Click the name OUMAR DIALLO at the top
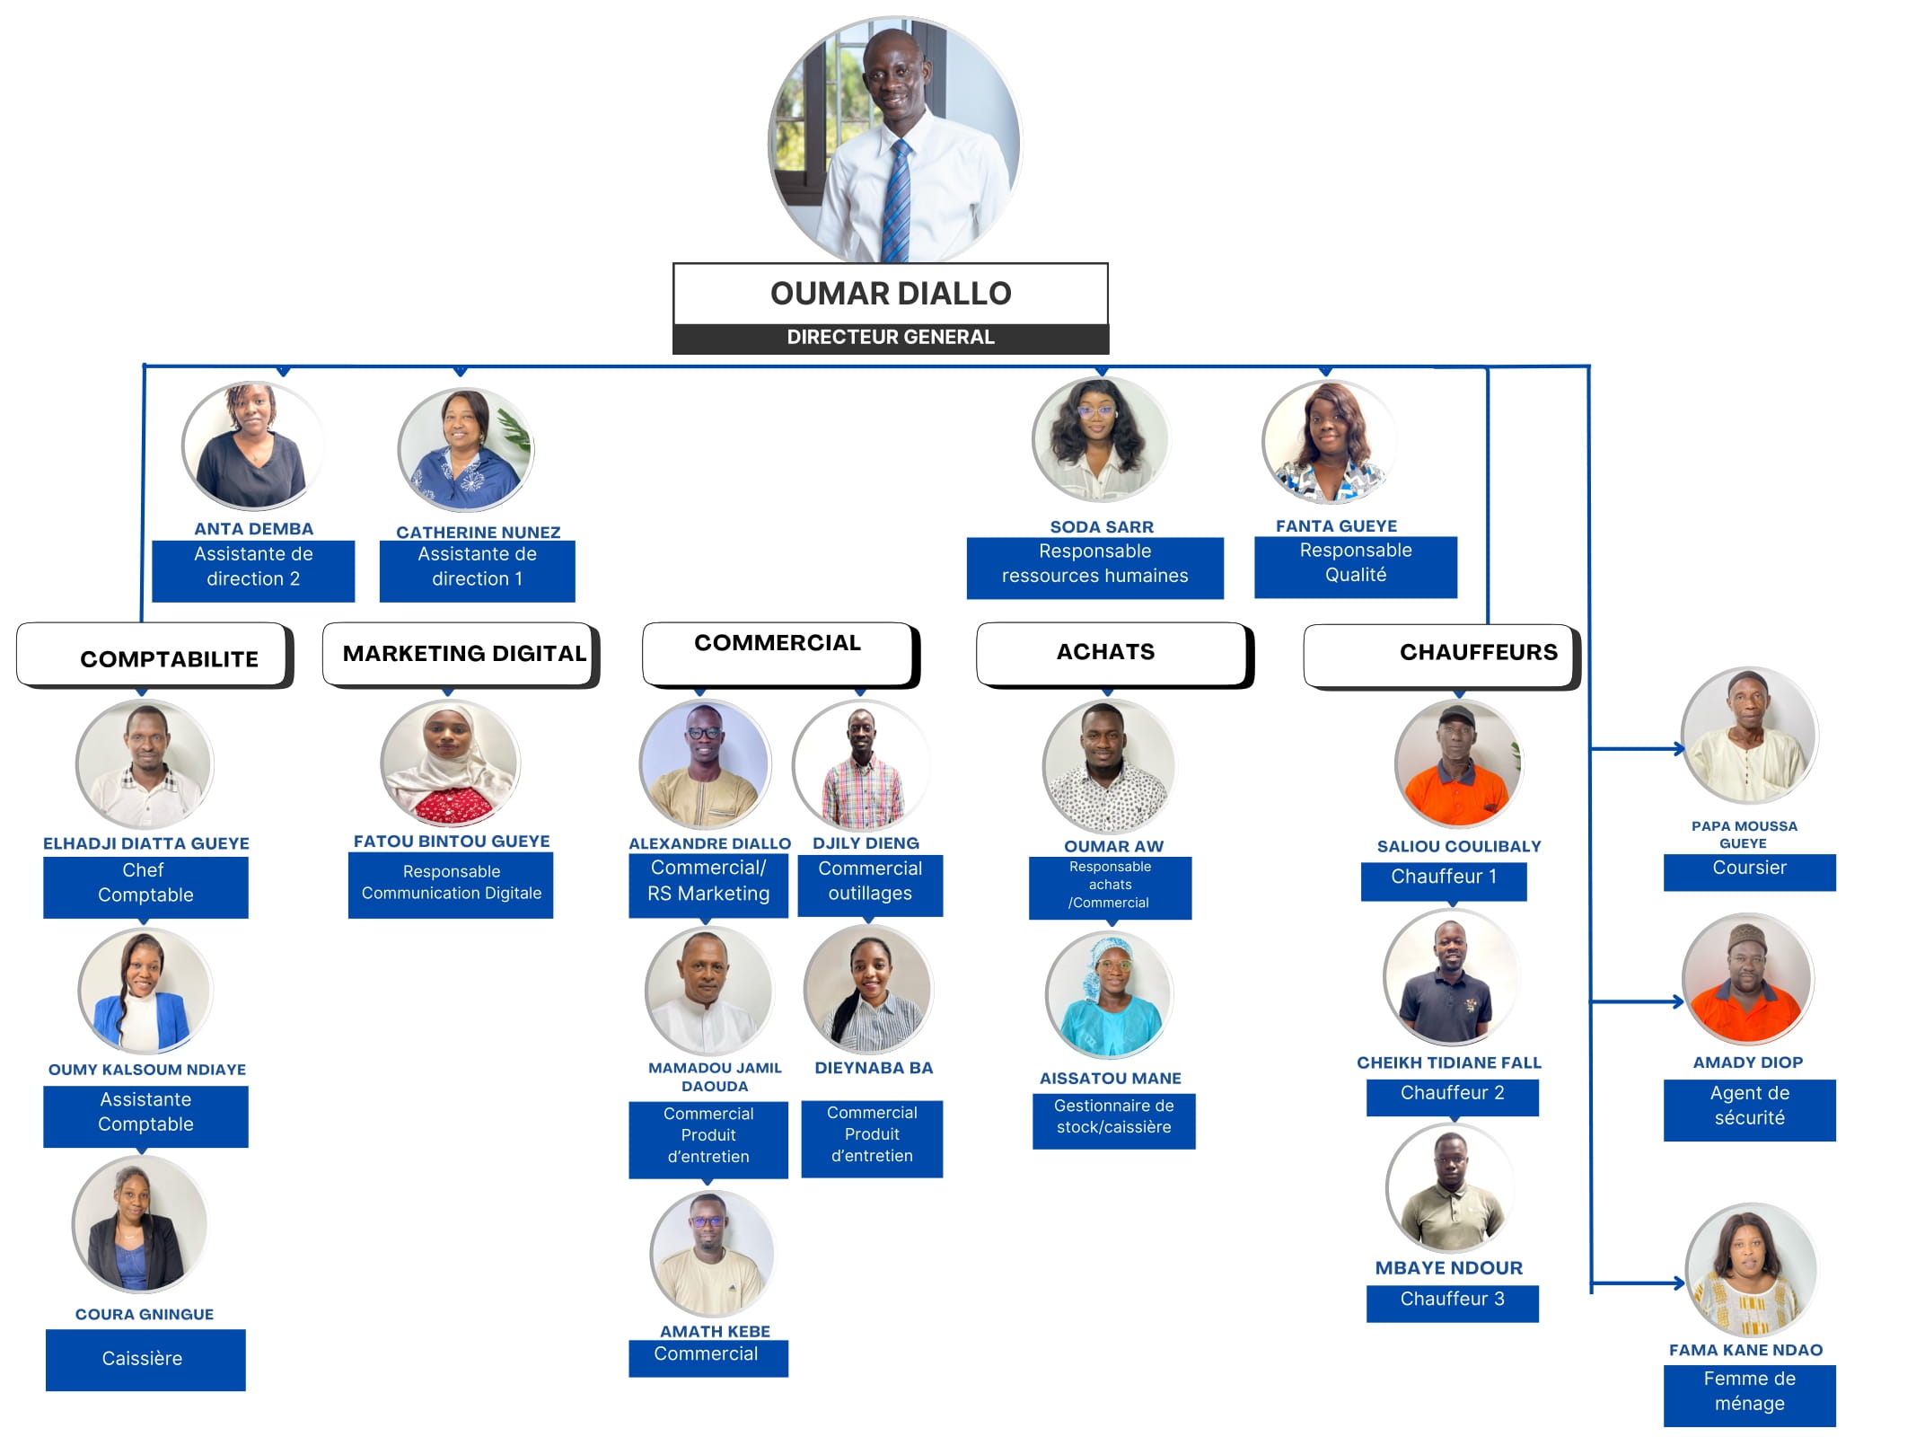[890, 294]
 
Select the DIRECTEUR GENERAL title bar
[890, 338]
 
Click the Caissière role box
[145, 1359]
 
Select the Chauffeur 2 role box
[1452, 1095]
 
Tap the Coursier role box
[1748, 870]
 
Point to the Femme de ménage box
[1748, 1393]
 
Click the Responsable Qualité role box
[1355, 565]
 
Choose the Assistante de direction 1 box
[477, 569]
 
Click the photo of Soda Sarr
[1101, 440]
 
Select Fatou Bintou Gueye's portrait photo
[450, 763]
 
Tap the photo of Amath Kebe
[712, 1254]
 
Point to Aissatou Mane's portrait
[1110, 995]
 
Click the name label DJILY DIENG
[866, 843]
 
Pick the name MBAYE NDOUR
[1448, 1268]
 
